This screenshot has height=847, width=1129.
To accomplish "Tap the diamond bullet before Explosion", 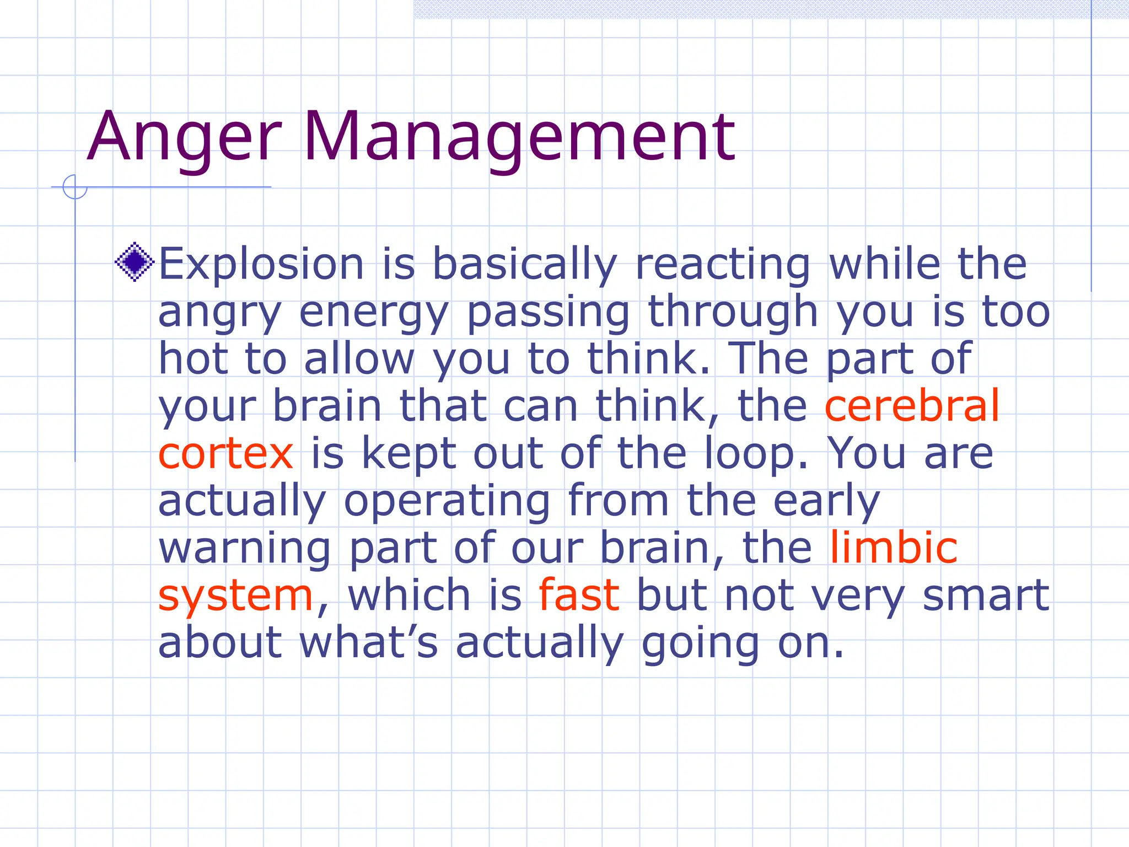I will pyautogui.click(x=135, y=262).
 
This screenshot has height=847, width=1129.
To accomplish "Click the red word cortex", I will pyautogui.click(x=225, y=453).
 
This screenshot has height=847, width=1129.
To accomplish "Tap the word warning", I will pyautogui.click(x=245, y=549).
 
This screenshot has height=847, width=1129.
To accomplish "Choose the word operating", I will pyautogui.click(x=447, y=502).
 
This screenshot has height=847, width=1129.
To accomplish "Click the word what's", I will pyautogui.click(x=368, y=643).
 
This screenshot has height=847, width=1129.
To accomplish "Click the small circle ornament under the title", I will pyautogui.click(x=75, y=187).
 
